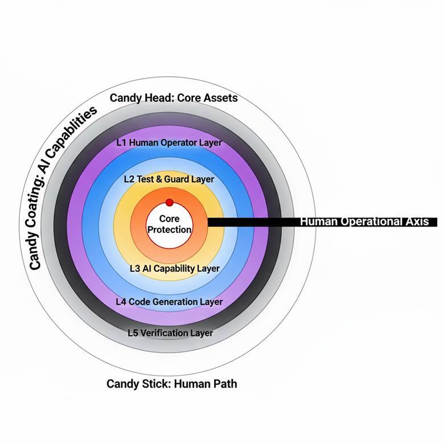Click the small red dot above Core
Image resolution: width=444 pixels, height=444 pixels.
tap(169, 203)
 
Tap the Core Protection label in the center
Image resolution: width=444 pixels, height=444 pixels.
tap(169, 224)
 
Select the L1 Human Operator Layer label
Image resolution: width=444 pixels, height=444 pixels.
tap(169, 143)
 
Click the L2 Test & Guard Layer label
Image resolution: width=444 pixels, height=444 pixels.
tap(169, 179)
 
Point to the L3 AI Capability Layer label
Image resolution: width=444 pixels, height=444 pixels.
tap(175, 268)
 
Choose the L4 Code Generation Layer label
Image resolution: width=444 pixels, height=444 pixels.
tap(169, 302)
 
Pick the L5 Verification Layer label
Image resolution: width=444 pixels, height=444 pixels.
tap(170, 333)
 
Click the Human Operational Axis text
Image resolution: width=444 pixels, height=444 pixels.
tap(364, 221)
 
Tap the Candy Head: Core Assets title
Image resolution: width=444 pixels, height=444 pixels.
tap(174, 98)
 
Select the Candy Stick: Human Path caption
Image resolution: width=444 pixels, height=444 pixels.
tap(171, 384)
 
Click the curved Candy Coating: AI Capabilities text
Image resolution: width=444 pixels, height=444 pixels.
tap(60, 188)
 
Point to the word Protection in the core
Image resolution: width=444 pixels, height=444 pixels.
tap(169, 229)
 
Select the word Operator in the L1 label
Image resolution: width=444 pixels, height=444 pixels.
tap(171, 143)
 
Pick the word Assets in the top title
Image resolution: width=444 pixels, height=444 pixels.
tap(219, 98)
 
